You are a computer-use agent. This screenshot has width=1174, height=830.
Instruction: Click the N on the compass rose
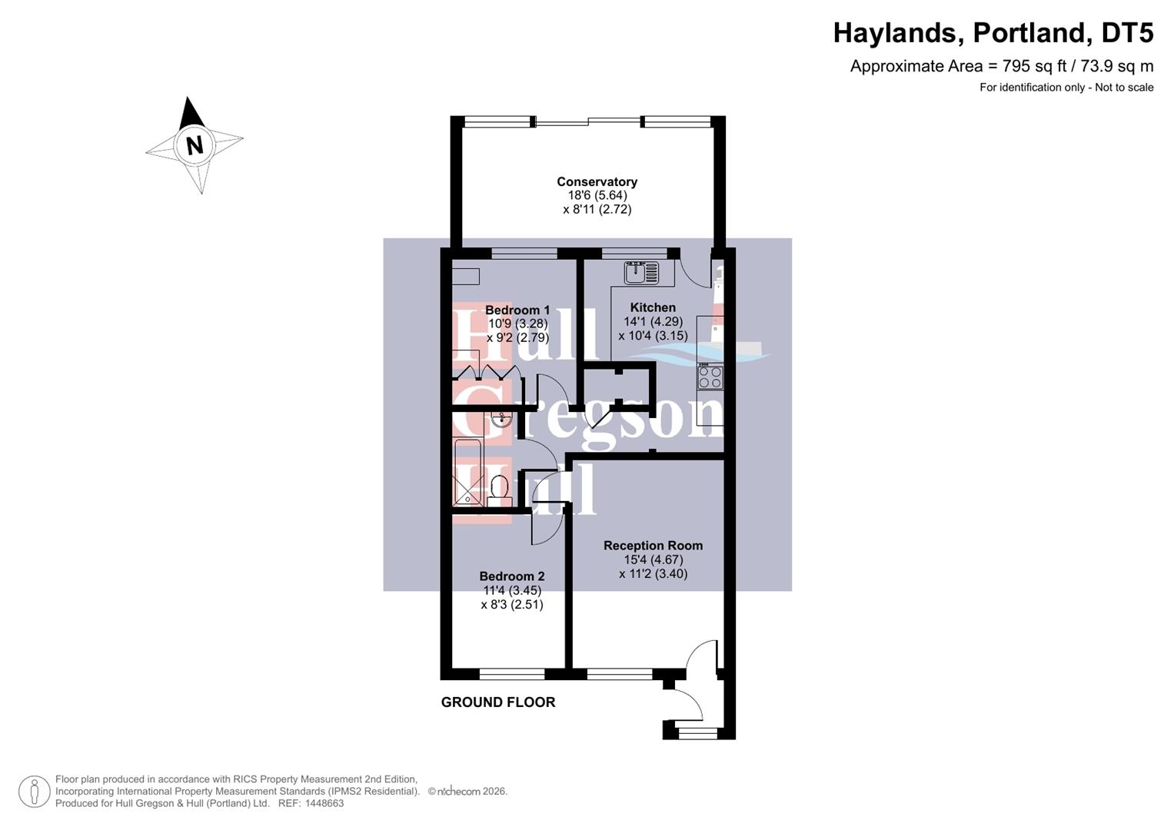(x=194, y=145)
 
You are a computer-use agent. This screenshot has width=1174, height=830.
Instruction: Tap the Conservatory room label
(x=597, y=182)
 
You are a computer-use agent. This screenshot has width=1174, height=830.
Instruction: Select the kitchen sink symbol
(x=641, y=272)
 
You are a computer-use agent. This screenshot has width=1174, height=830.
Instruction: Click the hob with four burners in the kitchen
(x=710, y=377)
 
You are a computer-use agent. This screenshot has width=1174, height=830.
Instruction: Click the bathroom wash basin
(x=501, y=420)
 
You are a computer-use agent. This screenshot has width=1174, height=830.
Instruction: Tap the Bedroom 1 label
(x=517, y=310)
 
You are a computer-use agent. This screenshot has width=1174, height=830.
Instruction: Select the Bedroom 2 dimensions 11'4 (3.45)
(x=512, y=591)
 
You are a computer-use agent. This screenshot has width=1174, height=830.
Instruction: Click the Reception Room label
(x=653, y=546)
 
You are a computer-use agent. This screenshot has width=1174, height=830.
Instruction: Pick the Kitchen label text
(x=653, y=307)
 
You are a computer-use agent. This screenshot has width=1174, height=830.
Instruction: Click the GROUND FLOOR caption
(x=497, y=702)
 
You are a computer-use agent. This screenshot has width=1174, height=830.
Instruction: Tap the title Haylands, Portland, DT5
(x=993, y=33)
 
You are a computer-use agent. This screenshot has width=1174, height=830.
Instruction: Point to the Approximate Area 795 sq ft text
(x=1001, y=66)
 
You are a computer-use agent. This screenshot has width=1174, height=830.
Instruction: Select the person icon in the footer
(x=34, y=792)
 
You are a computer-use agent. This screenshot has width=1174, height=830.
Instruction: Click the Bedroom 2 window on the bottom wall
(x=512, y=674)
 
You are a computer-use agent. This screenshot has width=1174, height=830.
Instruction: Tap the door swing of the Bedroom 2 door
(x=547, y=530)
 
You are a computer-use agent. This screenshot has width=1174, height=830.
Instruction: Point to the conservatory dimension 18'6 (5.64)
(x=597, y=196)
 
